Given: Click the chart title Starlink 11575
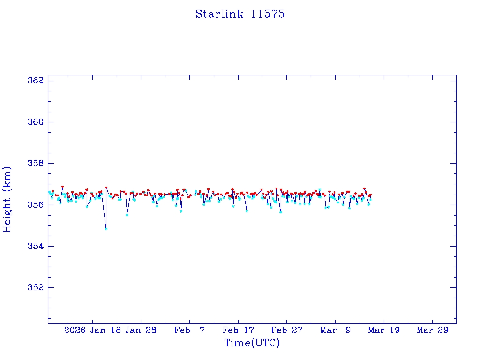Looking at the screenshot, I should click(240, 14).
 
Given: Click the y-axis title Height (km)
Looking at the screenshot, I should click(7, 199).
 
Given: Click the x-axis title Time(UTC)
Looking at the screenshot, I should click(252, 343).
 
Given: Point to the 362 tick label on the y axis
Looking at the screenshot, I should click(36, 81).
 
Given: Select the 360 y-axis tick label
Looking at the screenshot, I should click(36, 122).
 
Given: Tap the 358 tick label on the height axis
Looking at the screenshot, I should click(36, 164).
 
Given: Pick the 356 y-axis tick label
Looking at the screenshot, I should click(36, 205).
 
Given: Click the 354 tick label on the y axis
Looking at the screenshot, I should click(36, 246).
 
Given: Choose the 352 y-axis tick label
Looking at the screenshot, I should click(36, 287).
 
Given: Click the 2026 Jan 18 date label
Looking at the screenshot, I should click(92, 330).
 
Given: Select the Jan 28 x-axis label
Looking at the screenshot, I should click(141, 330).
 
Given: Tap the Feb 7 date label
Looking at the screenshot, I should click(189, 330).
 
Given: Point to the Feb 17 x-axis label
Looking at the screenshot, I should click(238, 330).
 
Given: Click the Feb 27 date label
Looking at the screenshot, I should click(287, 330).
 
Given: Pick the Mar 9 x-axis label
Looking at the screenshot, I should click(336, 330).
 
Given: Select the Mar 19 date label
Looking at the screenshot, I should click(384, 330).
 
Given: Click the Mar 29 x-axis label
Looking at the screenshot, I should click(433, 330).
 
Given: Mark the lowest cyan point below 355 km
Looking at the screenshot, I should click(106, 229).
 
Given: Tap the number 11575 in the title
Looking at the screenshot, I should click(268, 14).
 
